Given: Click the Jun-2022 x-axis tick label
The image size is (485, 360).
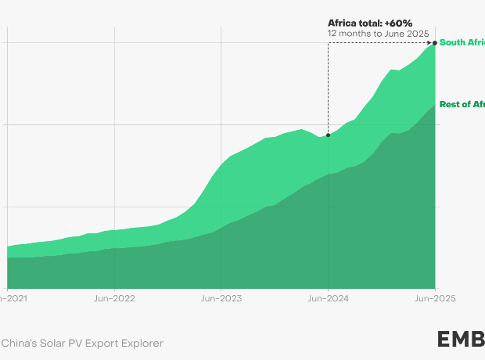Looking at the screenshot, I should [114, 298].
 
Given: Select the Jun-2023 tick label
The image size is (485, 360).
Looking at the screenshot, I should [221, 298].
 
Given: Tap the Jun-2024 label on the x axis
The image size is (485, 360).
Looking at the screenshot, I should [328, 298].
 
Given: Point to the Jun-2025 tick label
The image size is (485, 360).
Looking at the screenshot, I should [434, 298].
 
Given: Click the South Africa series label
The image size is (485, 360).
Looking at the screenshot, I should [462, 42].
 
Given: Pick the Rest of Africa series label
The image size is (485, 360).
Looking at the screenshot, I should [462, 104].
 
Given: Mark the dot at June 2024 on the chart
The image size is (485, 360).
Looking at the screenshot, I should [328, 135].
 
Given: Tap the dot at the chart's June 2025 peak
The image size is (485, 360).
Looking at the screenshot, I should [435, 42].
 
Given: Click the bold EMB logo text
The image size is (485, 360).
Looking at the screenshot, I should [461, 340].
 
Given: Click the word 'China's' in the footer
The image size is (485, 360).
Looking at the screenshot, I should [16, 343].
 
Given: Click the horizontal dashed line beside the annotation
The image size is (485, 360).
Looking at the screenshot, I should [381, 42].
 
